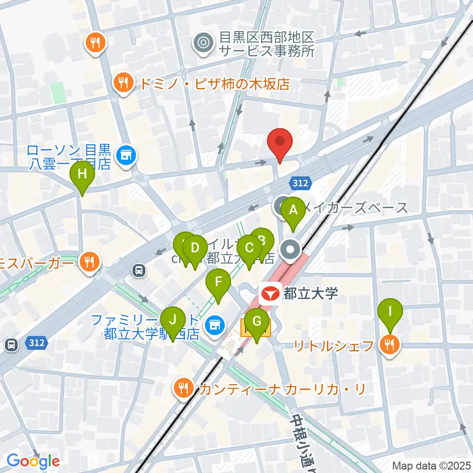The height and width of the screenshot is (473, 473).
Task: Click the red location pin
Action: coord(280,142)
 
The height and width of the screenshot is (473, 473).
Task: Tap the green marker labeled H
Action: coord(82,175)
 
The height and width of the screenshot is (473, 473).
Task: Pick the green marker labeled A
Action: coord(293,211)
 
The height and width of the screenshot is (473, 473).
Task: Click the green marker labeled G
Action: coord(257,322)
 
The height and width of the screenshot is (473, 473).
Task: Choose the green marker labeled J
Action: coord(172,320)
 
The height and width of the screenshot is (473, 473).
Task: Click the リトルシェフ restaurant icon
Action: coord(389,345)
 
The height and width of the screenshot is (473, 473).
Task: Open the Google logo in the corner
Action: coord(33,461)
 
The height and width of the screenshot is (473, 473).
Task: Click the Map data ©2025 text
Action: coord(432,465)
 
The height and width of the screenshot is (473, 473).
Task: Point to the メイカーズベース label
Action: coord(355,207)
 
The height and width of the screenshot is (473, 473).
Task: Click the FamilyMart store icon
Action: coord(214,325)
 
